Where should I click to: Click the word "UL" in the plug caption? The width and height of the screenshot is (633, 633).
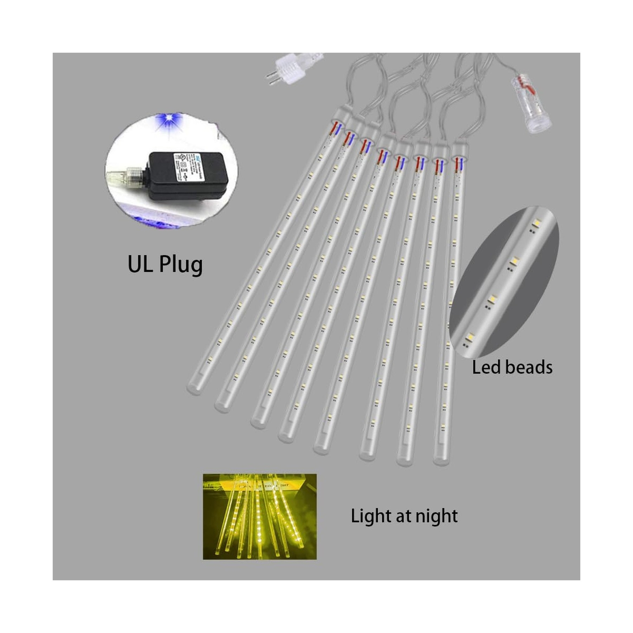coord(140,264)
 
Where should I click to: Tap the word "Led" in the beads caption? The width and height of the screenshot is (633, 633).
coord(486,367)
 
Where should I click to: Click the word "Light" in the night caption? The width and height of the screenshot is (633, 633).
coord(371,516)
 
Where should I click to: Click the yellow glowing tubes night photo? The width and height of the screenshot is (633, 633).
coord(260,516)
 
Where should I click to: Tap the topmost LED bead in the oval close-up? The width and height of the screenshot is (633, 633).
coord(536,224)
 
